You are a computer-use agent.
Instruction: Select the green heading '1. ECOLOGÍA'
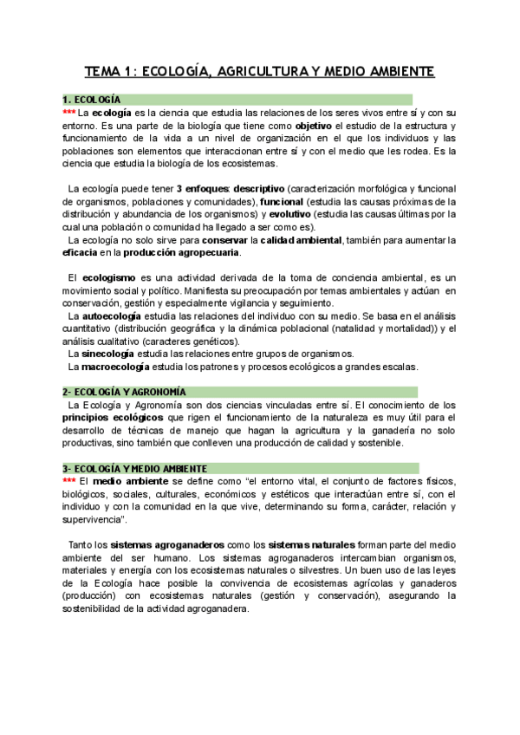coord(92,100)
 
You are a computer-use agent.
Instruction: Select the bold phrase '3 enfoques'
coord(202,189)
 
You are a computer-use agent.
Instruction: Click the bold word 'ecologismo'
coord(110,277)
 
